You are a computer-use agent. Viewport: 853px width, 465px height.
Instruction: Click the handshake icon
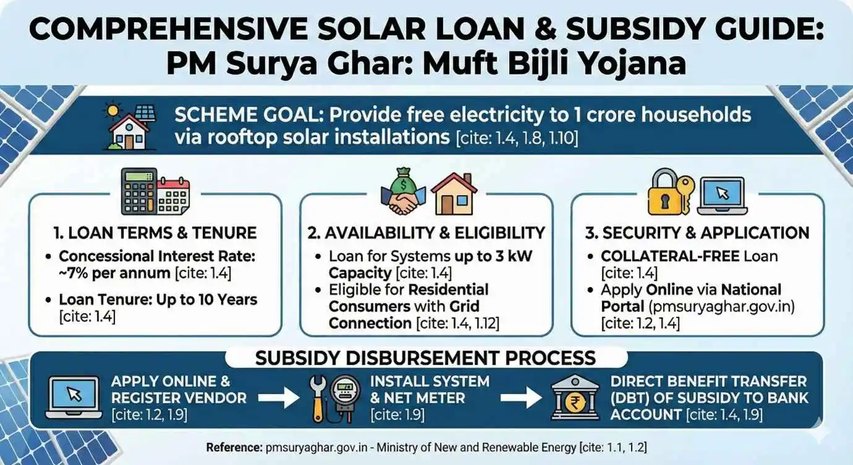pos(403,202)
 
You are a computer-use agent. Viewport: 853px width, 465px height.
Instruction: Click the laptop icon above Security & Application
pos(722,197)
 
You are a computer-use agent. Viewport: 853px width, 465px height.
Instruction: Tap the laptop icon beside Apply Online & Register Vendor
pos(74,398)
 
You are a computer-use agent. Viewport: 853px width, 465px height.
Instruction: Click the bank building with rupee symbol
pos(575,397)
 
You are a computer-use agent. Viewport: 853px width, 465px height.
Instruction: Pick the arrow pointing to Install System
pos(278,398)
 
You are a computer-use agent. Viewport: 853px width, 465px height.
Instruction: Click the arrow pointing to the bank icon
pos(521,398)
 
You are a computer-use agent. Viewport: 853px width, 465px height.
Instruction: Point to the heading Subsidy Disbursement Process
pos(426,358)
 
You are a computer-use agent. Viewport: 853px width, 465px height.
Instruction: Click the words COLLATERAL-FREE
pos(671,256)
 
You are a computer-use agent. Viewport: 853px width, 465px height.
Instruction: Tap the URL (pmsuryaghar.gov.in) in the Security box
pos(722,307)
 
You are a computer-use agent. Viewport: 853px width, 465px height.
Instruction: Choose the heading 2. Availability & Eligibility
pos(426,233)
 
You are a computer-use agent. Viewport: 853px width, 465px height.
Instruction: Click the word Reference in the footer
pos(234,447)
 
